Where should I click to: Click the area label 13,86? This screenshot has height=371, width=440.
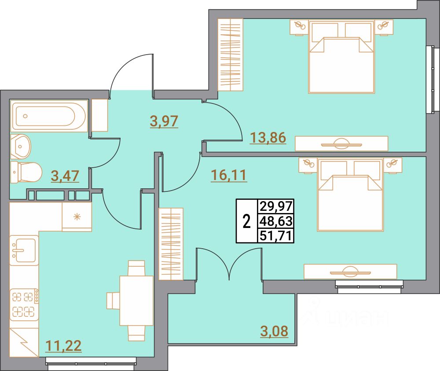(x=268, y=138)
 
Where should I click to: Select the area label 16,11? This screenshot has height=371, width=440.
(x=228, y=176)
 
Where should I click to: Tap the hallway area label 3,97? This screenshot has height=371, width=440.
(x=164, y=121)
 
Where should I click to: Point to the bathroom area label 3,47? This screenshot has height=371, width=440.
(x=65, y=176)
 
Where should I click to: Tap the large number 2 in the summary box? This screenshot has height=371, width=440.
(x=247, y=221)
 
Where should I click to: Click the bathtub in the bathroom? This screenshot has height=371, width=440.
(x=49, y=116)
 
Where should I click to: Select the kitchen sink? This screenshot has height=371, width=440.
(x=24, y=250)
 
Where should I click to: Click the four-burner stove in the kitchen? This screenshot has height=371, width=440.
(x=24, y=303)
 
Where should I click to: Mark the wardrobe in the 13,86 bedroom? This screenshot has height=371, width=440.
(x=231, y=55)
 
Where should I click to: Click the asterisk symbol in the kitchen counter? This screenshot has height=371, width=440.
(x=77, y=216)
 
